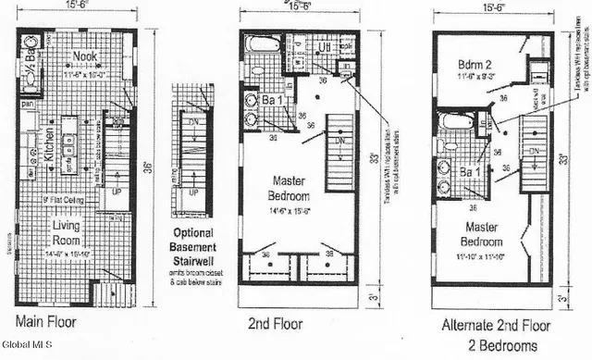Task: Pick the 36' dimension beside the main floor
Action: (147, 167)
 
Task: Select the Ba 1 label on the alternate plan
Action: (470, 172)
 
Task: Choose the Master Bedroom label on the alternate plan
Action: (484, 234)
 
